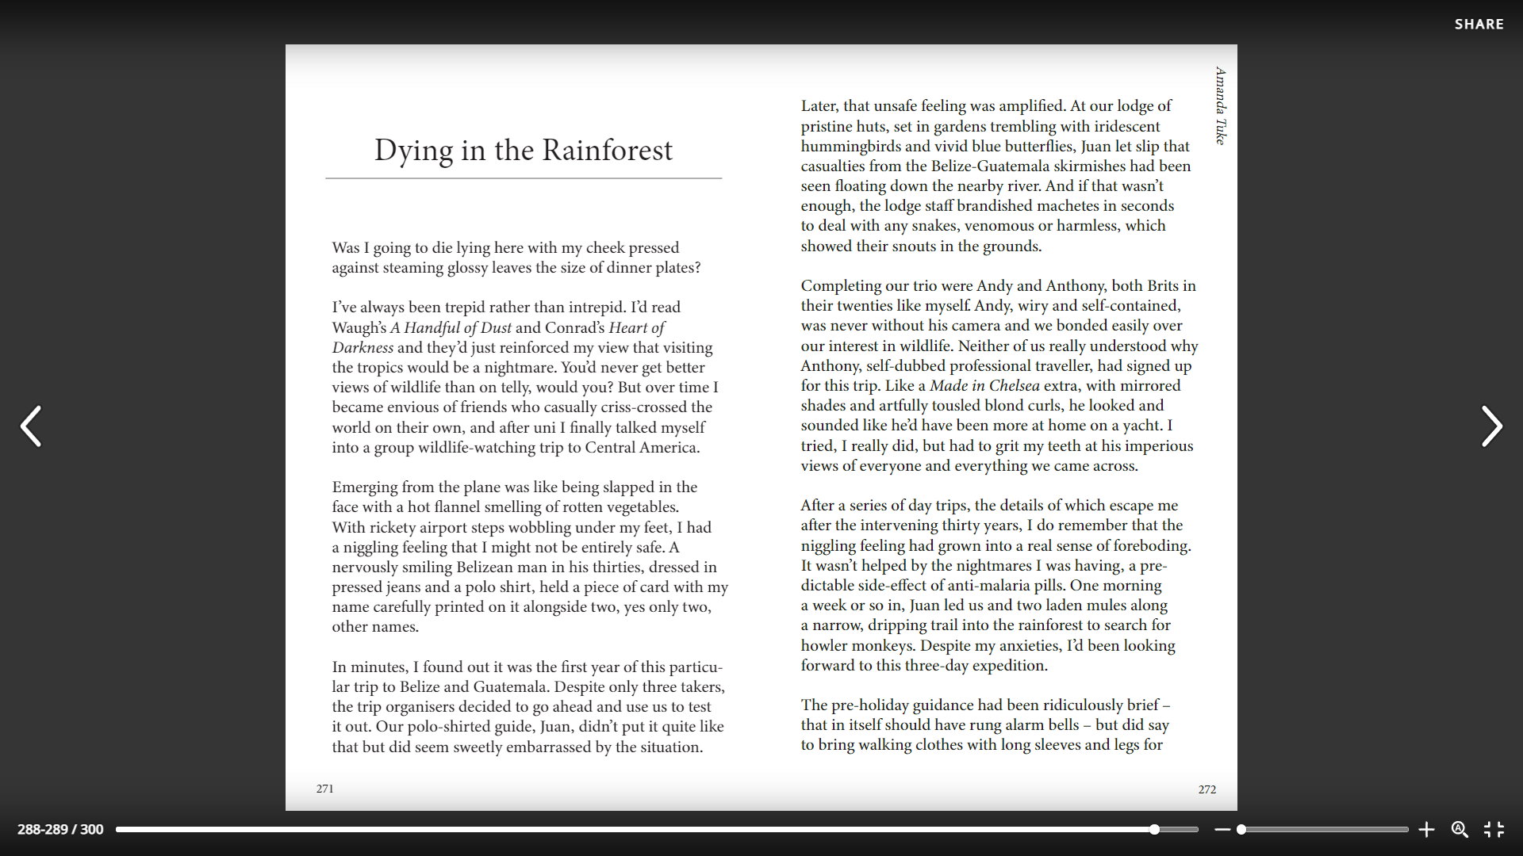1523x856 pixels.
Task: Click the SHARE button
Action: coord(1479,25)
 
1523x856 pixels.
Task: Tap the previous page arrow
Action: coord(31,426)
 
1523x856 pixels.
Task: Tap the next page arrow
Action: coord(1491,426)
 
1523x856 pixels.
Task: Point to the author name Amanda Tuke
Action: coord(1221,105)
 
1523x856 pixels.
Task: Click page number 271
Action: coord(325,789)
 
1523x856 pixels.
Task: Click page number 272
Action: coord(1207,789)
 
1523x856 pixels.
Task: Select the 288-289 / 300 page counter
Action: coord(60,829)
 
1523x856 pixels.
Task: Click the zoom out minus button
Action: coord(1222,830)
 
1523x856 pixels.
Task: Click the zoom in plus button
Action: coord(1426,830)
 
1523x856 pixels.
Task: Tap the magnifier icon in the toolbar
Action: coord(1460,829)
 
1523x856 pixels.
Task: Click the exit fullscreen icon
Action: coord(1494,829)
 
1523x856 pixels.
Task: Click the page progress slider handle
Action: coord(1155,830)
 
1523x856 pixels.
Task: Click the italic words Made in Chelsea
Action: coord(984,386)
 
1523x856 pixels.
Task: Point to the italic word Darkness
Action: coord(363,348)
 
